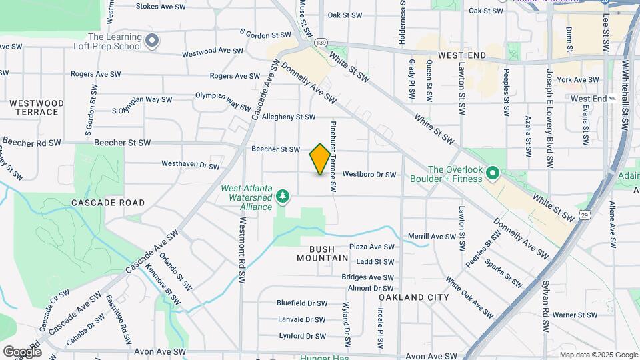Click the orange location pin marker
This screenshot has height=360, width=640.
click(x=320, y=159)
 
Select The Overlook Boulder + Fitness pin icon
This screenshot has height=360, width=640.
click(x=493, y=174)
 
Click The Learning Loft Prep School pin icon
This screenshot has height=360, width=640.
click(x=152, y=41)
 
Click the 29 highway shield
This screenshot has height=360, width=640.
click(x=585, y=215)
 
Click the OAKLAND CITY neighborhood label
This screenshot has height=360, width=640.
click(x=405, y=297)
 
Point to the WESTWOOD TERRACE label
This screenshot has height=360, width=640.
click(x=37, y=107)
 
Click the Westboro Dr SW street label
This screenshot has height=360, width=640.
click(x=369, y=175)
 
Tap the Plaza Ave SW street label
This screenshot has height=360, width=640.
click(x=372, y=247)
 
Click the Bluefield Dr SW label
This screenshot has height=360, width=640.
click(x=302, y=303)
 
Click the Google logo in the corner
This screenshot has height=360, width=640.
click(x=21, y=351)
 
